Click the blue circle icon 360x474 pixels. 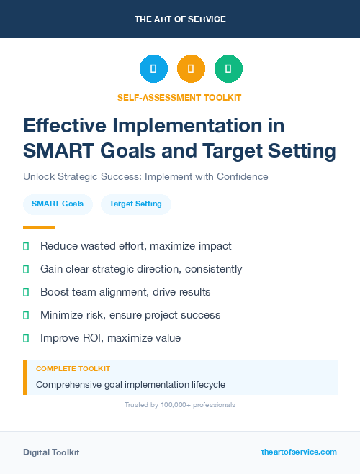pos(153,69)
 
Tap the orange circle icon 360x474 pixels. pos(191,69)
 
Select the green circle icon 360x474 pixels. pos(228,69)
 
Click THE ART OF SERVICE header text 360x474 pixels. pos(180,19)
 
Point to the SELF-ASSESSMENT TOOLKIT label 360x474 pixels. pos(180,97)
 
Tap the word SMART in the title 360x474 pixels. pos(57,151)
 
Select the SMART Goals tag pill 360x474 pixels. pos(58,204)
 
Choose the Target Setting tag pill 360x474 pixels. pos(135,204)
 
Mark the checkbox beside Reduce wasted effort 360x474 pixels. pos(26,246)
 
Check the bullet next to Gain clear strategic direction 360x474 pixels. pos(26,269)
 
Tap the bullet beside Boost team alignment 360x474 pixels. pos(26,292)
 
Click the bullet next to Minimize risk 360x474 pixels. pos(26,315)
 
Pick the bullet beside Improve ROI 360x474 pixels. pos(26,338)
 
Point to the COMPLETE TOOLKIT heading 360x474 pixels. pos(73,369)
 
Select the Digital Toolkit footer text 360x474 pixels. pos(51,452)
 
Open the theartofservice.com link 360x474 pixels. pos(299,452)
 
